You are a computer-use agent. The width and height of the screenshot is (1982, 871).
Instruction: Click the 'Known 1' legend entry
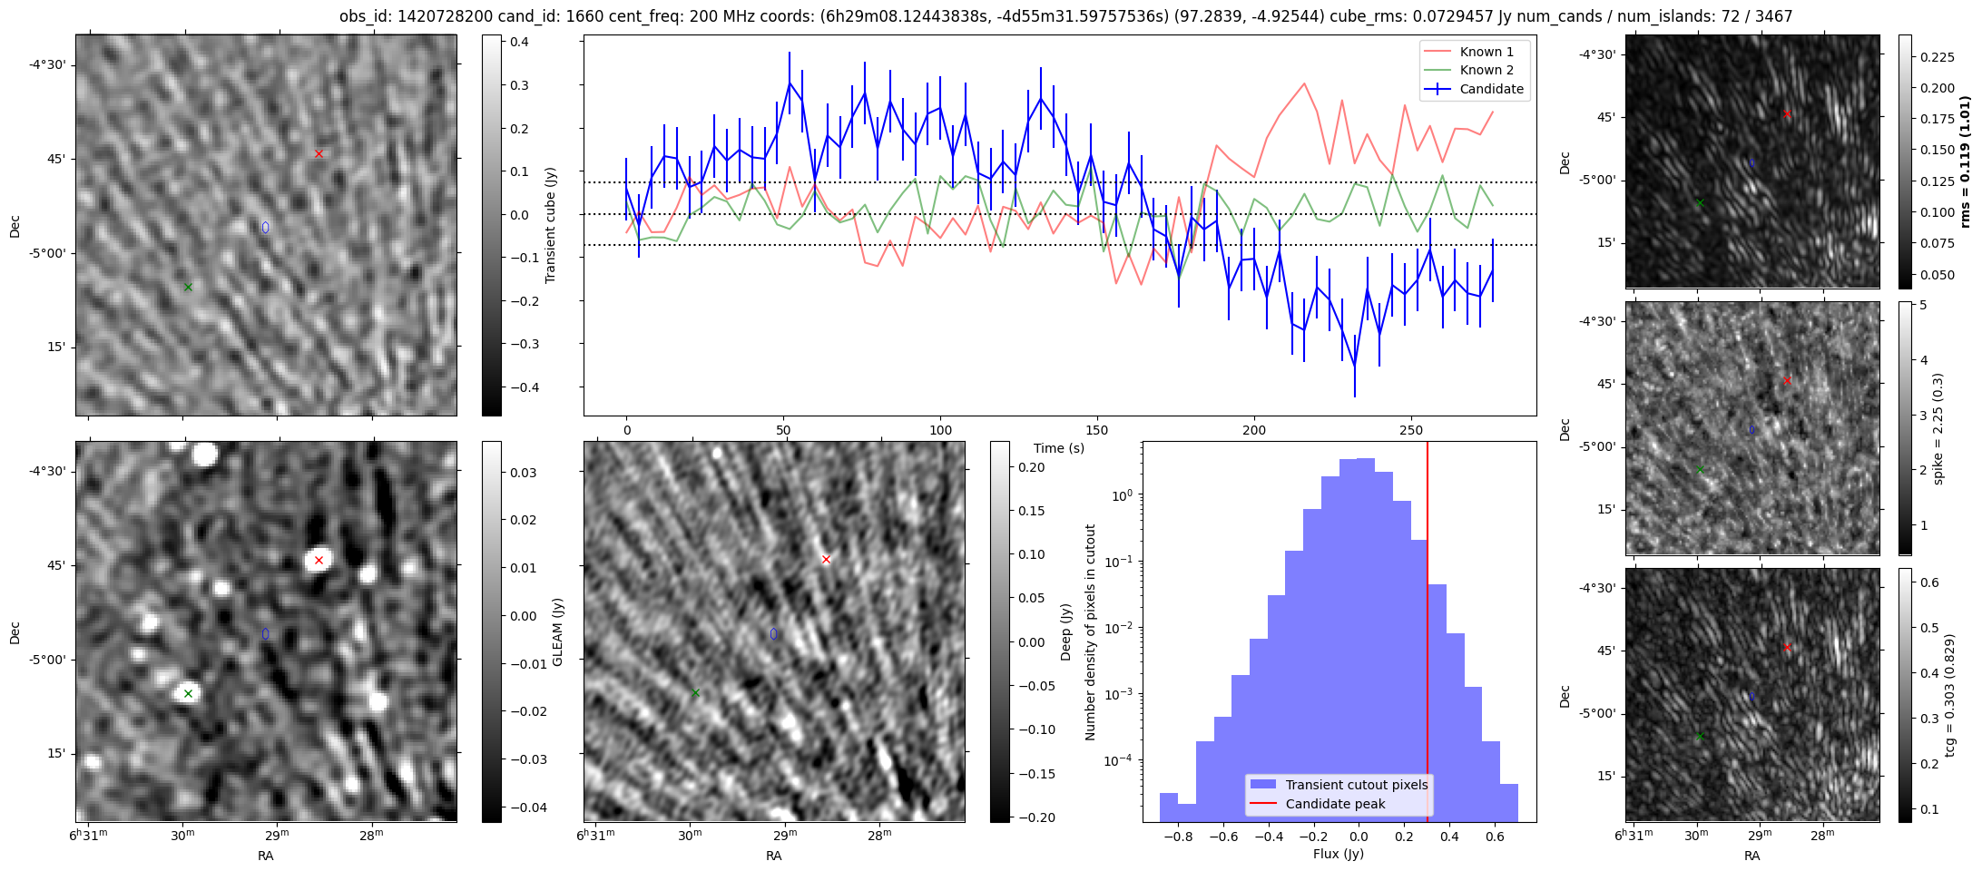coord(1486,52)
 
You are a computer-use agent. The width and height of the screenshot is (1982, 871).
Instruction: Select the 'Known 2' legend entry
coord(1486,70)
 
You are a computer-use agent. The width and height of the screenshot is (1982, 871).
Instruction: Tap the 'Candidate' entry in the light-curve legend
coord(1491,89)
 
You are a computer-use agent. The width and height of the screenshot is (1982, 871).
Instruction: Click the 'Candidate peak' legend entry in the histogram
coord(1335,804)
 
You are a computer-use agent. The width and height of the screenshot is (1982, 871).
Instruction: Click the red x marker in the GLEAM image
coord(319,560)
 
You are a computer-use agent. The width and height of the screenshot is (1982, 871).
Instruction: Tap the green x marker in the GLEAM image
coord(189,693)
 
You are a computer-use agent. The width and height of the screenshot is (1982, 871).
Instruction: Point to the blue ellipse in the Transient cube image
coord(266,227)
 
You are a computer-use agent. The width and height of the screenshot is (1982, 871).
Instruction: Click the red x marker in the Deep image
coord(826,559)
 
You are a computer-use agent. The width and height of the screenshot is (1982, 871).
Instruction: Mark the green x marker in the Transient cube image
coord(189,287)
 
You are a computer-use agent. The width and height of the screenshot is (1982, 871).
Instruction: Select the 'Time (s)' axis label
coord(1059,448)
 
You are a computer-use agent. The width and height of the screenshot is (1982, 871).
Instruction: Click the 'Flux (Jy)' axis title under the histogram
coord(1338,854)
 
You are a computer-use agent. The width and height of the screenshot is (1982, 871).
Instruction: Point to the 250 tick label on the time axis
coord(1410,430)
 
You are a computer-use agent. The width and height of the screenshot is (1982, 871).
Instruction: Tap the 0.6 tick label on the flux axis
coord(1495,837)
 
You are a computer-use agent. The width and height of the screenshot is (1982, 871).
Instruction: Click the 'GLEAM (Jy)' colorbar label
coord(558,631)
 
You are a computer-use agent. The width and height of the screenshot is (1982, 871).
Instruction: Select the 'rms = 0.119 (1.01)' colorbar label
coord(1966,161)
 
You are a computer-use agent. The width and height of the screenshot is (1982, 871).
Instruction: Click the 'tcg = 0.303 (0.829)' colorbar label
coord(1949,695)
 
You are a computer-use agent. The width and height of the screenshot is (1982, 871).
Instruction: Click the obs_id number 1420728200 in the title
coord(446,16)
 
